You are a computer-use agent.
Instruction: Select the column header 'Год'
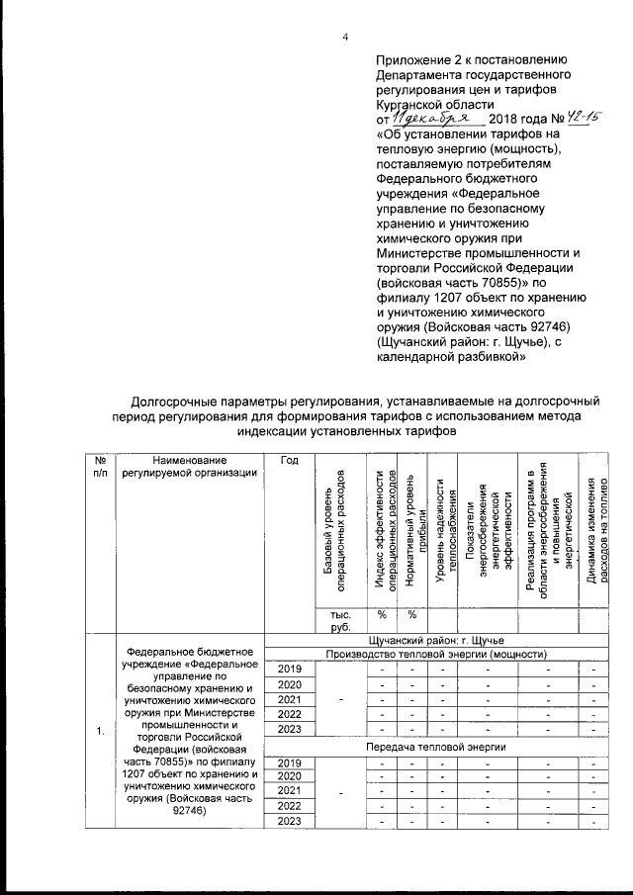coord(290,460)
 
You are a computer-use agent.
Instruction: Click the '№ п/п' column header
coord(100,466)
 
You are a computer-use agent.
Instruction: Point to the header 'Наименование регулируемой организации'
coord(184,466)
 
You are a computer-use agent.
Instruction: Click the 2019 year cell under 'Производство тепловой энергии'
coord(290,671)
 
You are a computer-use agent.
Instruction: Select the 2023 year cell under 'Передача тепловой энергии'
coord(290,822)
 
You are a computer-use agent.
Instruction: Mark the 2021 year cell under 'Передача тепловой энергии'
coord(290,791)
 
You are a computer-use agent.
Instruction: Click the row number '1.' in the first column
coord(100,732)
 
